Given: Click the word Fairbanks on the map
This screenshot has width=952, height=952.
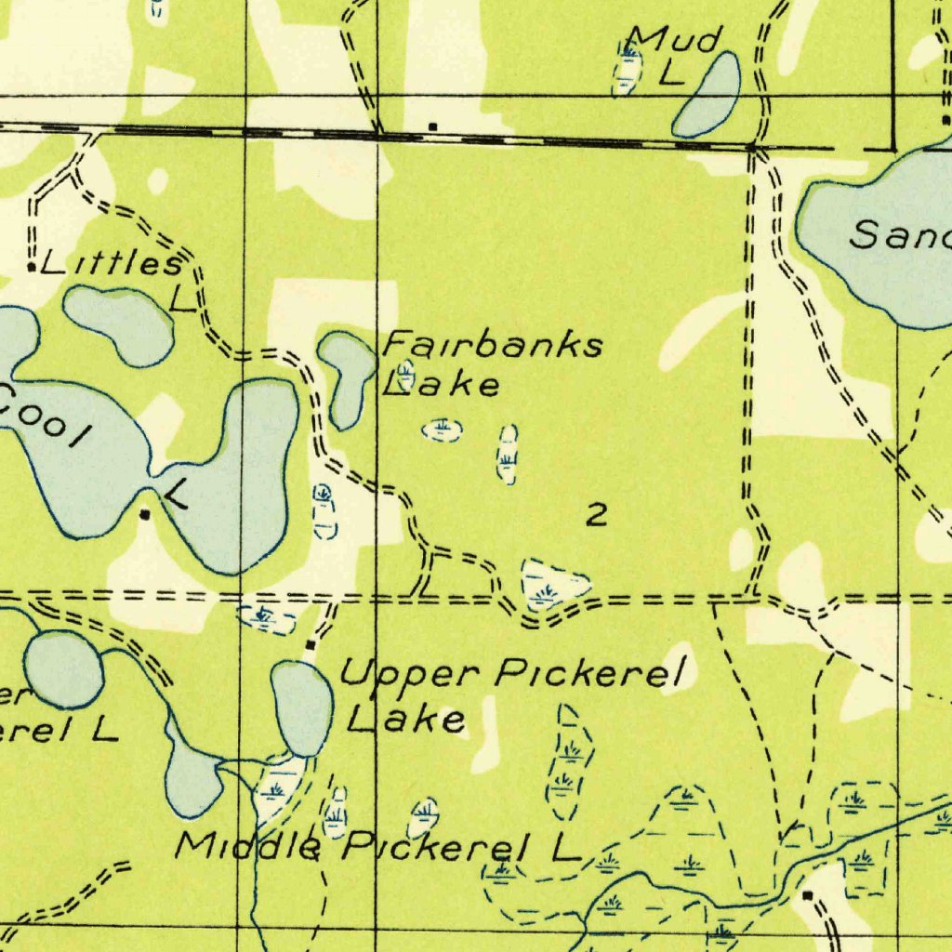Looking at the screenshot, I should tap(494, 347).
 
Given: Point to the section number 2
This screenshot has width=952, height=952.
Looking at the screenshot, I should tap(597, 514).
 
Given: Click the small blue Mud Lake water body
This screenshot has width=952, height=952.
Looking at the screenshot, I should tap(708, 95).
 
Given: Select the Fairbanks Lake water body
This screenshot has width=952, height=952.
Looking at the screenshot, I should tap(346, 377).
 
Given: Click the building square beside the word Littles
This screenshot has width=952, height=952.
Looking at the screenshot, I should tap(33, 268).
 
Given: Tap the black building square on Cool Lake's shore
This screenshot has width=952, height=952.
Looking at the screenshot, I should tap(144, 513).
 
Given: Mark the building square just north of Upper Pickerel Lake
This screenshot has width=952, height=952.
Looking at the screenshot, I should tap(310, 643).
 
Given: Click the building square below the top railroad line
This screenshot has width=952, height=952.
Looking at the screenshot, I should tap(431, 126).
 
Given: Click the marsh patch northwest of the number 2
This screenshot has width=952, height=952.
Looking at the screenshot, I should tap(507, 454).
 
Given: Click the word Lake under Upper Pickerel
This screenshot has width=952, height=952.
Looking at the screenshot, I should tap(406, 718).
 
